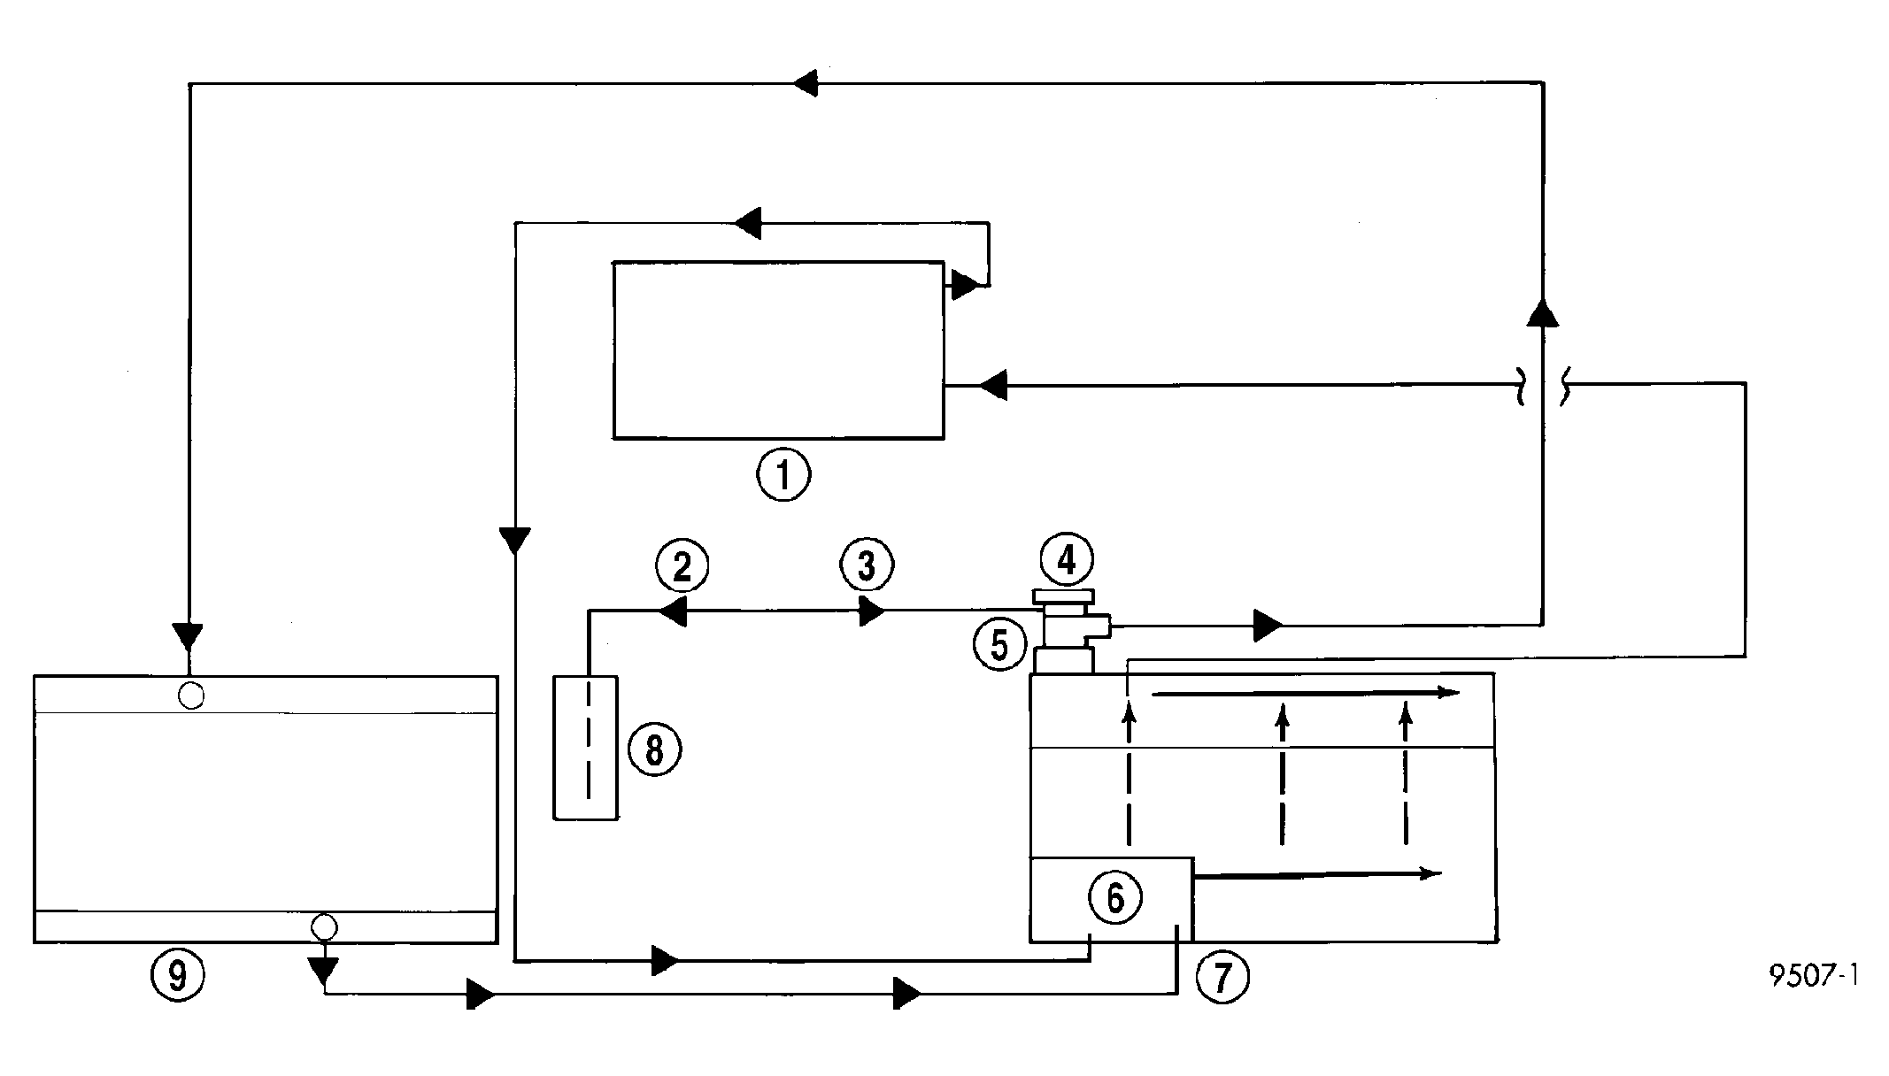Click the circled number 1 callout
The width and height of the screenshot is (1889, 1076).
pyautogui.click(x=783, y=475)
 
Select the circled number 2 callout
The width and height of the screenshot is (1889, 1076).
pyautogui.click(x=682, y=566)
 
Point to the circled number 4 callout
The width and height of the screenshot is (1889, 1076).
pyautogui.click(x=1067, y=559)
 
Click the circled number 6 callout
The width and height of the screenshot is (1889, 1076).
pyautogui.click(x=1115, y=897)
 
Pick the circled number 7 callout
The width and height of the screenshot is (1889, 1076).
pyautogui.click(x=1222, y=977)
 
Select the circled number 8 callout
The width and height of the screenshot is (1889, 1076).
pyautogui.click(x=655, y=749)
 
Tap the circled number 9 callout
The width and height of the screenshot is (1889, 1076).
pyautogui.click(x=178, y=975)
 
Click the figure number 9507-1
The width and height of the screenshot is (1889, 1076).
pyautogui.click(x=1814, y=976)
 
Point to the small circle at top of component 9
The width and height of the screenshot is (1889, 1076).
pyautogui.click(x=190, y=696)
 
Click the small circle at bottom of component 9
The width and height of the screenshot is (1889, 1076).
pyautogui.click(x=324, y=926)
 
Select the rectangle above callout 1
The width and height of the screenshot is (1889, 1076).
pyautogui.click(x=779, y=350)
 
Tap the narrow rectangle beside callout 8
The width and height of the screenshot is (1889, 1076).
pyautogui.click(x=585, y=748)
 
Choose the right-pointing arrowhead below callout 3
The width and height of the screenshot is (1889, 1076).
pyautogui.click(x=872, y=611)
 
